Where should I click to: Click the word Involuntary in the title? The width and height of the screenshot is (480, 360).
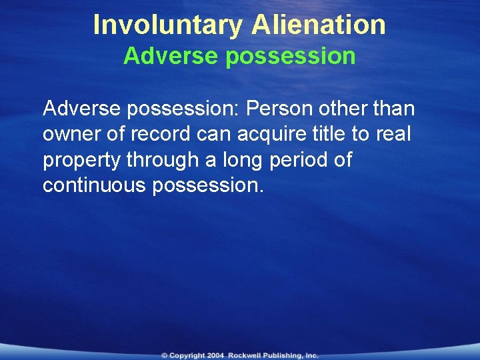click(x=169, y=25)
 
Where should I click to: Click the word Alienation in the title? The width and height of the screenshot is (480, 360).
click(x=319, y=25)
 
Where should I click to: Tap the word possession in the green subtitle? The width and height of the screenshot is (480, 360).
click(x=291, y=57)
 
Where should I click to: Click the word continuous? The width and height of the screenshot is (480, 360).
click(x=95, y=185)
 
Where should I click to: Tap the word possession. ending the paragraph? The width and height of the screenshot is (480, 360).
click(x=208, y=186)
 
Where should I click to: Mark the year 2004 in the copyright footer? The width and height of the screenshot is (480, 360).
click(x=215, y=355)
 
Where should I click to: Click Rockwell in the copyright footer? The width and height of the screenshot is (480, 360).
click(x=248, y=355)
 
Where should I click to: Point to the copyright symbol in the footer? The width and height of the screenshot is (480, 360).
click(x=164, y=355)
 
